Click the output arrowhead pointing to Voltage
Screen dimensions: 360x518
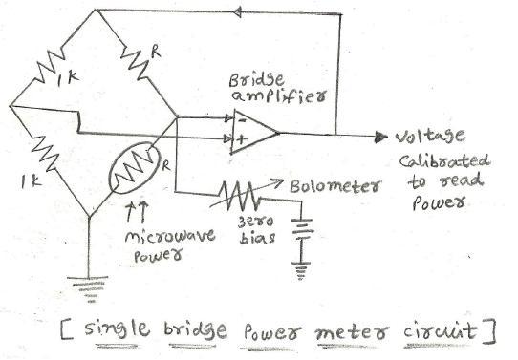381,135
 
